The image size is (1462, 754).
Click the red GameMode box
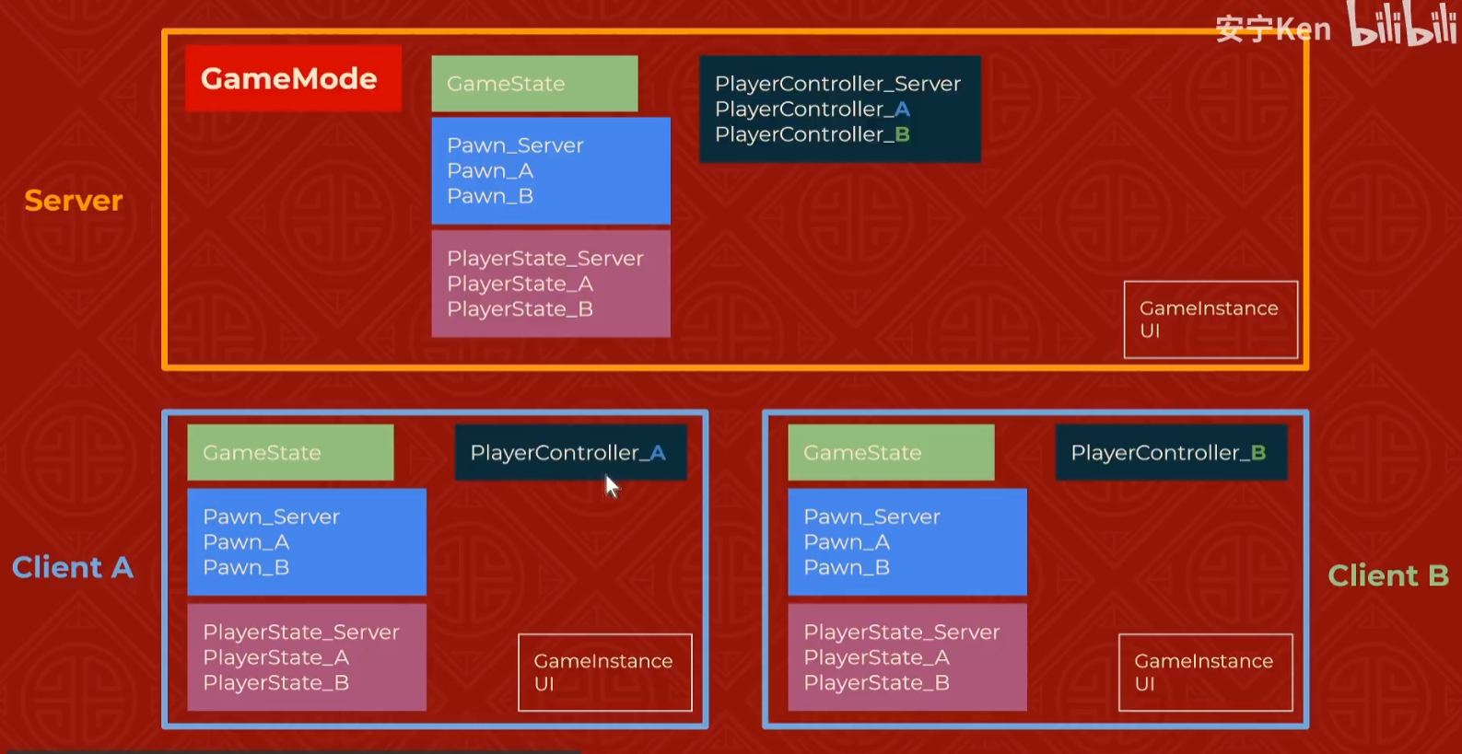coord(293,78)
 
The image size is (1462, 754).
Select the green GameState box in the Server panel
coord(534,84)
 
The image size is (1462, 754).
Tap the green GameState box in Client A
coord(290,452)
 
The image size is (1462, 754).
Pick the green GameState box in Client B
coord(891,452)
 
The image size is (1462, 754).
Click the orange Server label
coord(74,201)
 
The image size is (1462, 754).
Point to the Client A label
coord(73,567)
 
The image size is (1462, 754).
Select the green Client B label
coord(1387,576)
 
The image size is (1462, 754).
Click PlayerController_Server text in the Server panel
coord(837,84)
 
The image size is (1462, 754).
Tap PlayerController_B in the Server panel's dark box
coord(812,134)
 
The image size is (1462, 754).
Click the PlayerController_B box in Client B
coord(1170,452)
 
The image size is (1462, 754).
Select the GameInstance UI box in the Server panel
coord(1211,319)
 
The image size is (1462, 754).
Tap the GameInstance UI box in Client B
coord(1205,672)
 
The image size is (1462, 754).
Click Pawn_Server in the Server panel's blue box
coord(515,145)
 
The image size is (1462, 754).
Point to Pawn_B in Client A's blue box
coord(246,568)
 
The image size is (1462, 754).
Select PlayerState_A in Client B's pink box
coord(876,657)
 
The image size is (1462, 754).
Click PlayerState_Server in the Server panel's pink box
coord(544,259)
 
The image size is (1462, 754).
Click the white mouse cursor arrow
coord(611,485)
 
